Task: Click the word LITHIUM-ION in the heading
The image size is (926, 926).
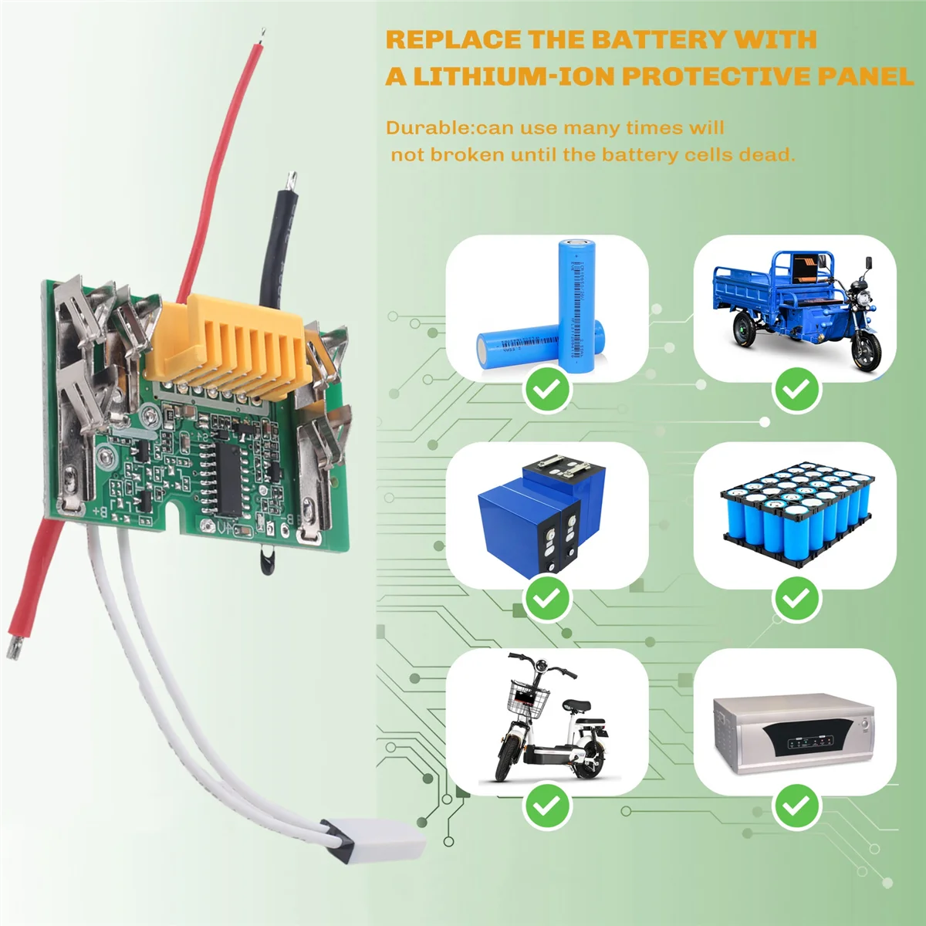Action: click(514, 76)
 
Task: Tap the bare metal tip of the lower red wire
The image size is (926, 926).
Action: click(13, 647)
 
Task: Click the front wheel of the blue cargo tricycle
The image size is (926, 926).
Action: click(866, 352)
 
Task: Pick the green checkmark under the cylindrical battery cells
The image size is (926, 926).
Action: click(547, 390)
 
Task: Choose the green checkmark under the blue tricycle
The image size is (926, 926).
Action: click(796, 390)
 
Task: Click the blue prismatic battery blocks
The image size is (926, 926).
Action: click(532, 513)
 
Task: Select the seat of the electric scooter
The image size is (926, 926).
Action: click(575, 705)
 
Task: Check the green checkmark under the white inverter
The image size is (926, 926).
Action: click(796, 806)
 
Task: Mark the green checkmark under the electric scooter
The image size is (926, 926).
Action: click(547, 806)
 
